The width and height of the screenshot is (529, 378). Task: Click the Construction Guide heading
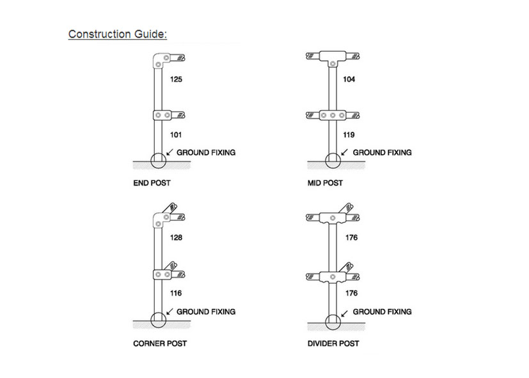(118, 34)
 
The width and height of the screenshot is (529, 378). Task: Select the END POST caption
(152, 184)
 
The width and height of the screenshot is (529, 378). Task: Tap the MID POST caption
(325, 184)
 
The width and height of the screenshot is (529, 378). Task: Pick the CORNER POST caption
(160, 343)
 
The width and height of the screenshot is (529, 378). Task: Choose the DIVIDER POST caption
(333, 343)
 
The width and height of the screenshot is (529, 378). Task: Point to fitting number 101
(177, 135)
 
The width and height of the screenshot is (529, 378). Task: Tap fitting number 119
(349, 135)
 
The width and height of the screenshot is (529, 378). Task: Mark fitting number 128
(177, 238)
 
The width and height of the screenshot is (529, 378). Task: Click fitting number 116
(177, 294)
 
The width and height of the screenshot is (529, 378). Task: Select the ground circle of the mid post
(333, 160)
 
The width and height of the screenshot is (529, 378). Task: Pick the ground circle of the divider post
(333, 319)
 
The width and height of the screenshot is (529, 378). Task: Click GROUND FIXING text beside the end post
(206, 152)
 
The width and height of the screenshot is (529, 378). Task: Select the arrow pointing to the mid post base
(345, 153)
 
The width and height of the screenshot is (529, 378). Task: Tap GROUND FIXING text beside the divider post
(383, 311)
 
